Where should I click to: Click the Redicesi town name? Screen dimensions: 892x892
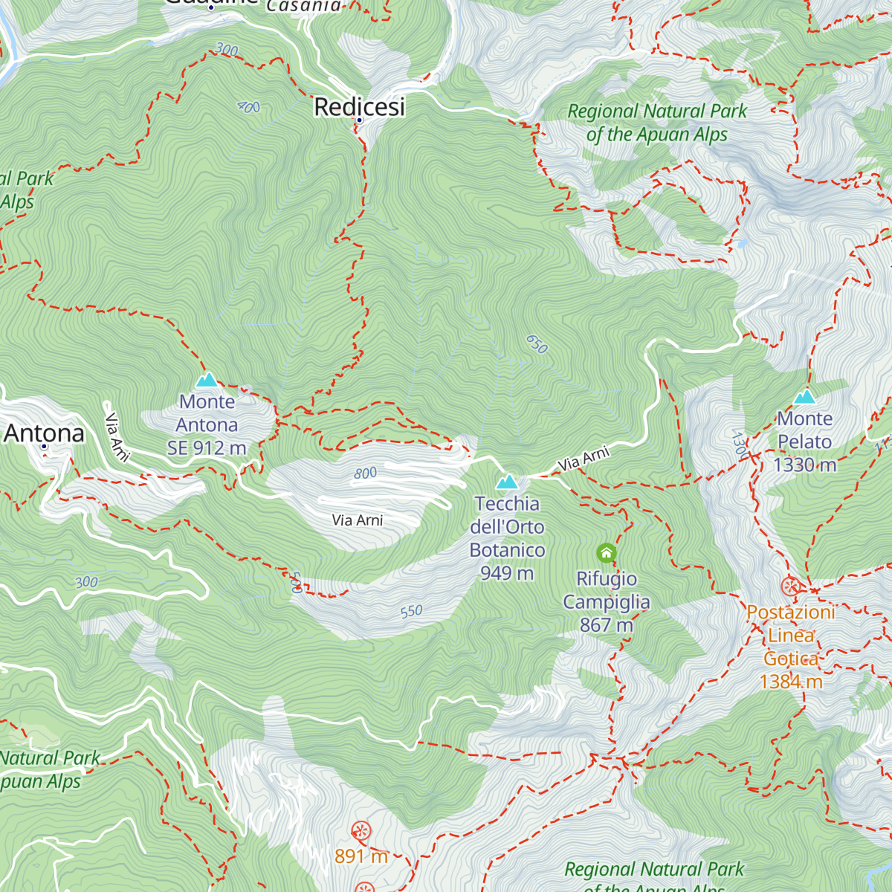coord(360,106)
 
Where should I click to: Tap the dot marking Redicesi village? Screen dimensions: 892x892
coord(359,120)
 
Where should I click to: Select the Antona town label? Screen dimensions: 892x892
coord(45,433)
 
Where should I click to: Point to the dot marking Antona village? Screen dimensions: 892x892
coord(44,447)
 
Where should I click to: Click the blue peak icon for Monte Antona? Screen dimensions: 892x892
coord(207,381)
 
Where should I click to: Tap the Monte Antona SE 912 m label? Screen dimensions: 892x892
coord(207,424)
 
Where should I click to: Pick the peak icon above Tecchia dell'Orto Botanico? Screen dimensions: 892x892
coord(507,482)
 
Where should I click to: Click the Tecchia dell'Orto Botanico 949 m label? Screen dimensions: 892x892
coord(507,538)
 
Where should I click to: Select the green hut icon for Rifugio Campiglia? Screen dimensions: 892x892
coord(607,552)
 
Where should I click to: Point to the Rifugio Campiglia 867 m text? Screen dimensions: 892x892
coord(607,601)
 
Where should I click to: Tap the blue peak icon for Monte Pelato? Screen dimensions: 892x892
coord(805,396)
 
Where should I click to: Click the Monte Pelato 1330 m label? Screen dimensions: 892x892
coord(805,442)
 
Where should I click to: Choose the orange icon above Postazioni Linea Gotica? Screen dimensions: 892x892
coord(791,586)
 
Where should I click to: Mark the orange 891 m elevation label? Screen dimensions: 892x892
coord(361,856)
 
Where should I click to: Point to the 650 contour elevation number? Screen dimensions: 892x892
coord(537,344)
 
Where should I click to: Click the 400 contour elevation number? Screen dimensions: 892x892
coord(248,107)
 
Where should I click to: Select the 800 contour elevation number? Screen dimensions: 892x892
coord(365,474)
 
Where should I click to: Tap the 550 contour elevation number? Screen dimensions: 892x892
coord(411,612)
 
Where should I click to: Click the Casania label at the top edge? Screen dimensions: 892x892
coord(303,6)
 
